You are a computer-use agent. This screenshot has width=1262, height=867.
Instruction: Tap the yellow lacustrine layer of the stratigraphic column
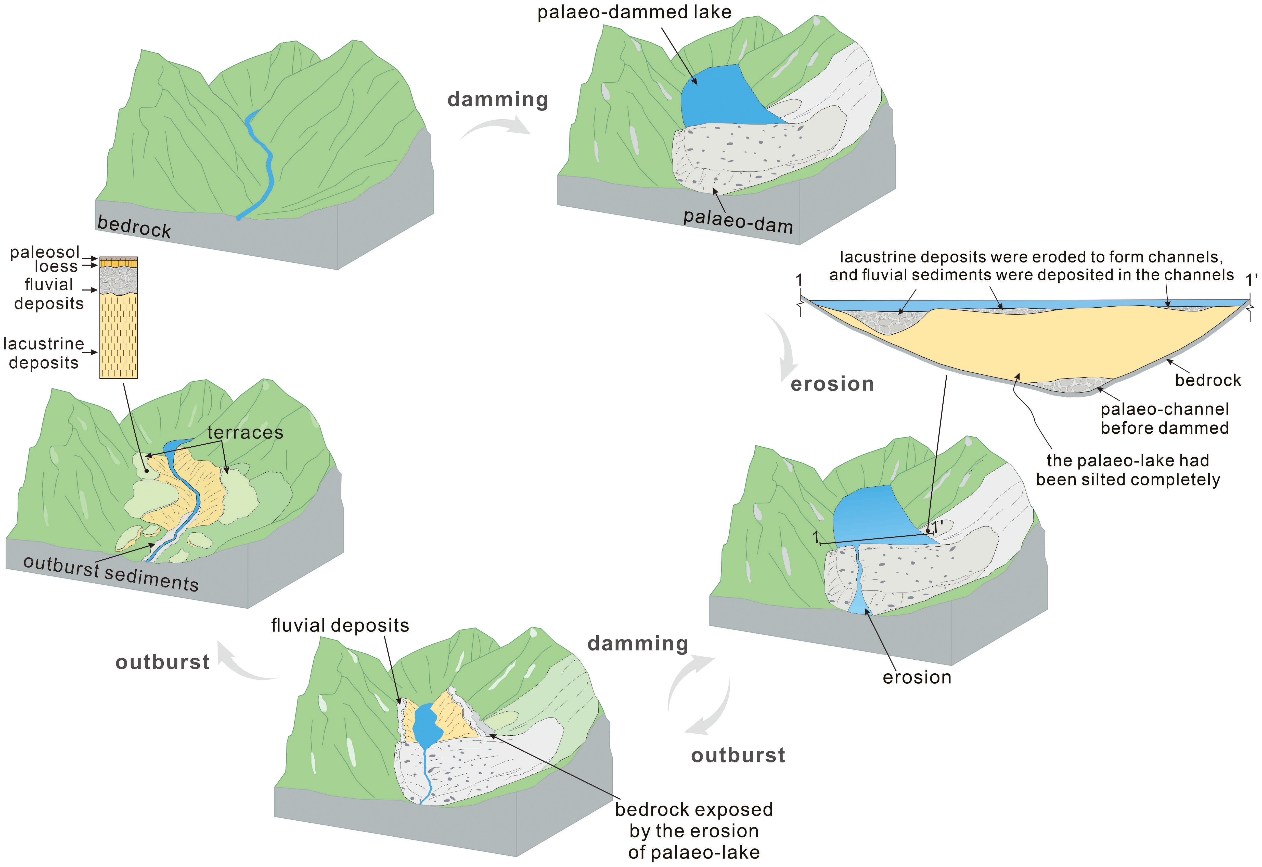click(x=118, y=337)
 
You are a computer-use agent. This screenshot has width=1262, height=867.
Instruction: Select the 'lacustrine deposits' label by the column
click(x=43, y=353)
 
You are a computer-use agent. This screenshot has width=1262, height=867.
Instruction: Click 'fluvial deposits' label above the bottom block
click(x=340, y=625)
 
